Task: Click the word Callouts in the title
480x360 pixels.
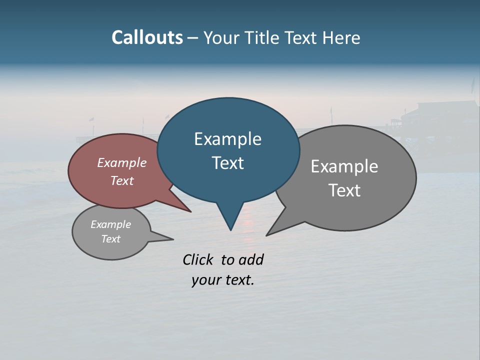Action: coord(147,37)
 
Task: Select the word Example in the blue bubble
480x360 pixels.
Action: coord(227,139)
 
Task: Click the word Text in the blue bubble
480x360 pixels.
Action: coord(227,163)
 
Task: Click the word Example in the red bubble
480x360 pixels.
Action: coord(122,162)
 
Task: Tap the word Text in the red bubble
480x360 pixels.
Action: coord(122,180)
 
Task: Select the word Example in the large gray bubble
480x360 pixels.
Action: coord(344,166)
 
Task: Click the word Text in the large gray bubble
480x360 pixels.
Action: coord(344,190)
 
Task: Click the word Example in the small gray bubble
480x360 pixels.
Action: coord(110,224)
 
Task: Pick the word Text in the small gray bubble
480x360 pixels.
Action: coord(110,239)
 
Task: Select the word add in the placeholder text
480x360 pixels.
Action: coord(251,259)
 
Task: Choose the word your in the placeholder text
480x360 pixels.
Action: coord(205,280)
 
